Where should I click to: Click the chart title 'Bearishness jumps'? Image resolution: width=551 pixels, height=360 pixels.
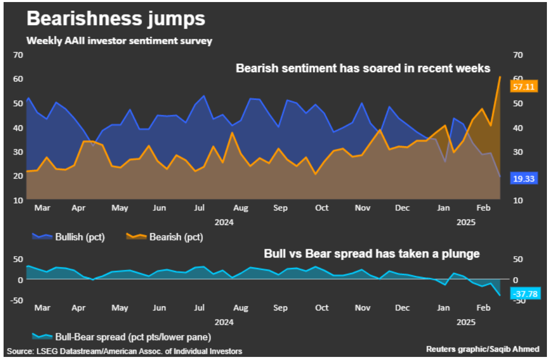(x=116, y=19)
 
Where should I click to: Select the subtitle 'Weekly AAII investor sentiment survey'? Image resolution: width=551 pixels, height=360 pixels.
(x=119, y=40)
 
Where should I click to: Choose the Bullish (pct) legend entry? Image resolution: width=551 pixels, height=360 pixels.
(x=70, y=237)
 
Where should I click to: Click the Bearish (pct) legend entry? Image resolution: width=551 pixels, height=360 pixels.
(x=165, y=237)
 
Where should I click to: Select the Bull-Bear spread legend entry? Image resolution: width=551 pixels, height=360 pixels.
(x=121, y=337)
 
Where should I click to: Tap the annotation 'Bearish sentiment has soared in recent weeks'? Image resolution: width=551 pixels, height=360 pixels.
(x=363, y=68)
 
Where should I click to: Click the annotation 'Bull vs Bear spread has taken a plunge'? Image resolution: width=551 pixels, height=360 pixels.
(x=372, y=254)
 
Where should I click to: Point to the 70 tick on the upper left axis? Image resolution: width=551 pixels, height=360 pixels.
(x=18, y=55)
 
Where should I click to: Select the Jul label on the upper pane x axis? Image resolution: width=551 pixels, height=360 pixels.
(x=199, y=208)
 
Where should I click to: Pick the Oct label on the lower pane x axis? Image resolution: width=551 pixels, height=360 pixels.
(x=322, y=308)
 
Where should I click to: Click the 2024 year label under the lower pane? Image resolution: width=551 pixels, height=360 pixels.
(x=224, y=322)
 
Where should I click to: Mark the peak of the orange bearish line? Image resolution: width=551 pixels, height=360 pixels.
(x=499, y=77)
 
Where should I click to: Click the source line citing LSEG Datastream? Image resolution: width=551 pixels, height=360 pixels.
(x=124, y=351)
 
